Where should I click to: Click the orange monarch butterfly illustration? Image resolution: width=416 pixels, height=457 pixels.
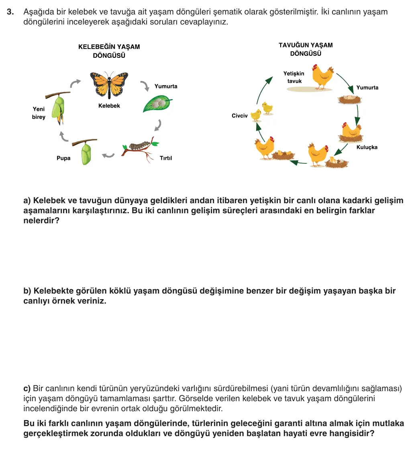pyautogui.click(x=109, y=84)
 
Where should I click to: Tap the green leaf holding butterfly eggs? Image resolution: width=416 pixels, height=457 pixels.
pyautogui.click(x=157, y=104)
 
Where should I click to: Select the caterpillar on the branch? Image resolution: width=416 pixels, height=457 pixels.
pyautogui.click(x=139, y=145)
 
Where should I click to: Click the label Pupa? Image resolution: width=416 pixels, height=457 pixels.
pyautogui.click(x=63, y=158)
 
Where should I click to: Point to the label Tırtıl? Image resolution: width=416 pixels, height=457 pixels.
pyautogui.click(x=166, y=158)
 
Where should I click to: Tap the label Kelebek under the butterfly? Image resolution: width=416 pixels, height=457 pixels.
pyautogui.click(x=109, y=106)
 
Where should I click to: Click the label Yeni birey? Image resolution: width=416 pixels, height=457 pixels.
pyautogui.click(x=39, y=113)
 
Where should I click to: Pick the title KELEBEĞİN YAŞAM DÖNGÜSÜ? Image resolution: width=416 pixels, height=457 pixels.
pyautogui.click(x=109, y=51)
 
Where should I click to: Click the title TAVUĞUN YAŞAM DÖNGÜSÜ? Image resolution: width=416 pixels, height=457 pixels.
pyautogui.click(x=306, y=49)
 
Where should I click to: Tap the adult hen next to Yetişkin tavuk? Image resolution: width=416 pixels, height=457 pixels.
pyautogui.click(x=323, y=77)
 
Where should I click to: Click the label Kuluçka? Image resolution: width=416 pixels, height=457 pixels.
pyautogui.click(x=367, y=147)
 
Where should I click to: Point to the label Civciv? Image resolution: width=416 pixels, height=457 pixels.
pyautogui.click(x=240, y=116)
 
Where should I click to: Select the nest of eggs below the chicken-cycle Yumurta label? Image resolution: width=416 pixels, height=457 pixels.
pyautogui.click(x=349, y=99)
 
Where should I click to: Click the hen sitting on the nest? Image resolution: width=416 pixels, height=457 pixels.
pyautogui.click(x=351, y=132)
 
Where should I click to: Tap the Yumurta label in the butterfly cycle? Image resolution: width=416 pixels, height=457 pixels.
pyautogui.click(x=166, y=86)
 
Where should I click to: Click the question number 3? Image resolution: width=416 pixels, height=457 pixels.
pyautogui.click(x=10, y=12)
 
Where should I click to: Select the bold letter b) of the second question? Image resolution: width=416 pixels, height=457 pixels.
pyautogui.click(x=27, y=291)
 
